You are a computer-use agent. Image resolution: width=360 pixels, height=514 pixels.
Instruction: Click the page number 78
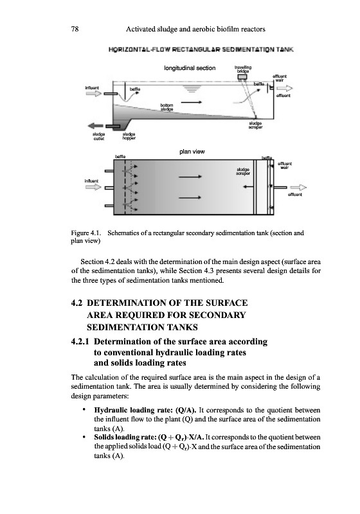click(x=75, y=29)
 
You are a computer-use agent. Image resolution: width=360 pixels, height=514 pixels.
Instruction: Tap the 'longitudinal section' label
click(x=190, y=68)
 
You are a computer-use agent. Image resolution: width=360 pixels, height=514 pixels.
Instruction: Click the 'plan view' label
click(x=192, y=152)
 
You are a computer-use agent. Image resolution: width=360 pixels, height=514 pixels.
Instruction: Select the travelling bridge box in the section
click(x=242, y=76)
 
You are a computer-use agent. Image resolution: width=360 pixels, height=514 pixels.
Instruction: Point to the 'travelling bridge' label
click(x=243, y=69)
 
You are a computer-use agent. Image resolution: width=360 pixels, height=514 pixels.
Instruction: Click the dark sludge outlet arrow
click(x=95, y=125)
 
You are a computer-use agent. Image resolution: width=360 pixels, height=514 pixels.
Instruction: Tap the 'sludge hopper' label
click(x=129, y=136)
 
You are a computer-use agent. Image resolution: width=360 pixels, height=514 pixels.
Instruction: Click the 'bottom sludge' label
click(x=167, y=107)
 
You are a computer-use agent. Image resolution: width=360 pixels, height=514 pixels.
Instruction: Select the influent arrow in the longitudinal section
click(x=93, y=94)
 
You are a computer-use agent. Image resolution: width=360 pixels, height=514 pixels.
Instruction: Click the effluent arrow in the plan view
click(x=298, y=188)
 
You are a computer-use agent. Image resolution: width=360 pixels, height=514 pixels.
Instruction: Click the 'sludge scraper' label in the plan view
click(x=243, y=172)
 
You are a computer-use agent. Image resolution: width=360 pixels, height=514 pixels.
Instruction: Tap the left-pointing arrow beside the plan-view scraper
click(x=248, y=187)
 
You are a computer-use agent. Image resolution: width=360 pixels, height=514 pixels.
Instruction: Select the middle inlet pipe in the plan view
click(x=109, y=188)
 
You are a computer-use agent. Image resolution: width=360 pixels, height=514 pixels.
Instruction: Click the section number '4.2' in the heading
click(x=76, y=303)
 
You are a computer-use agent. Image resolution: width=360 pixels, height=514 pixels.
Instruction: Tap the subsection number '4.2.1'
click(x=80, y=342)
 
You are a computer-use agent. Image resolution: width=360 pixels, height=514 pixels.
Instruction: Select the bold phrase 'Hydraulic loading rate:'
click(x=134, y=410)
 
